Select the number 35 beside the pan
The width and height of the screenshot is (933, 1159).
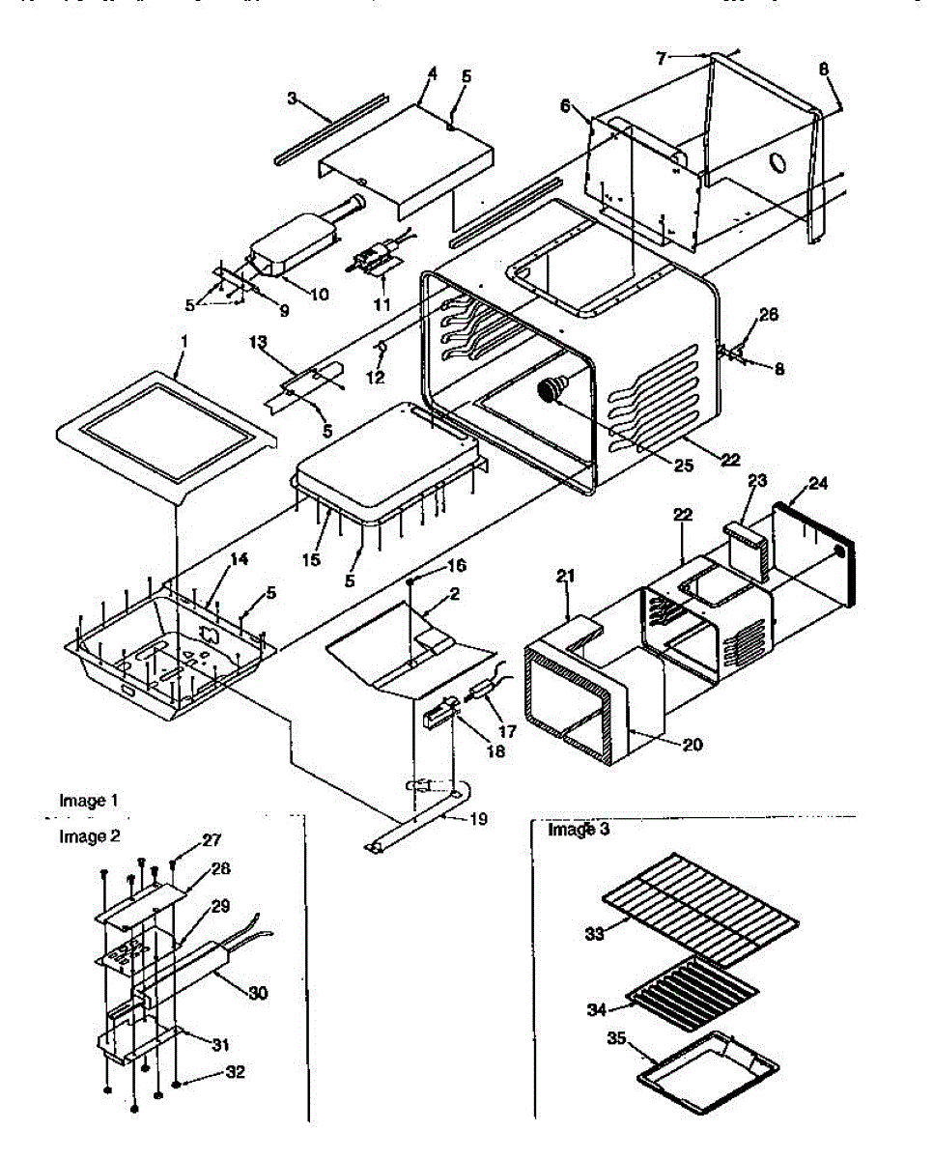pyautogui.click(x=617, y=1039)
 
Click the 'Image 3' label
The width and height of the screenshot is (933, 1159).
pyautogui.click(x=579, y=829)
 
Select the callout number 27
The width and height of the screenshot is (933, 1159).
pyautogui.click(x=211, y=841)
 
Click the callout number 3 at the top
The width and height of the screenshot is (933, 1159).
pyautogui.click(x=292, y=98)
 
